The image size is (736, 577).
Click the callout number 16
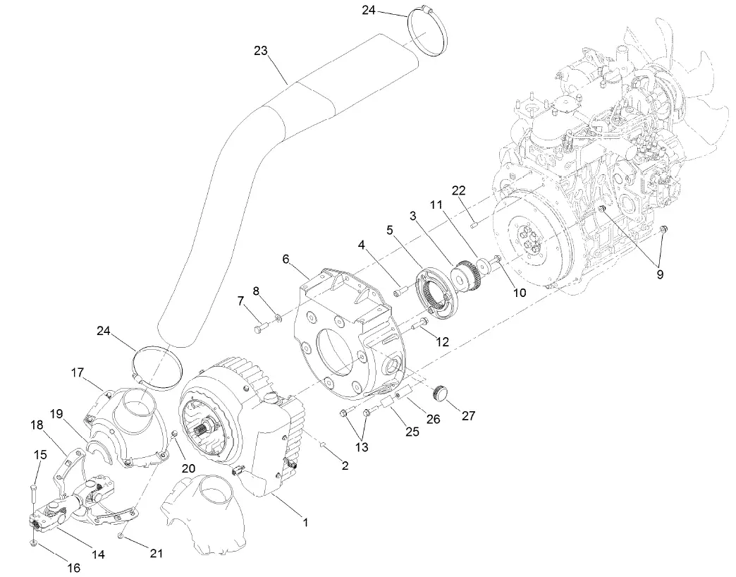pyautogui.click(x=73, y=567)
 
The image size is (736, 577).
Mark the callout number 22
pyautogui.click(x=459, y=191)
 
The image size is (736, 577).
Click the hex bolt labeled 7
pyautogui.click(x=259, y=327)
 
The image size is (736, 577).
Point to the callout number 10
pyautogui.click(x=520, y=292)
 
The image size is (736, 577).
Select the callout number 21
pyautogui.click(x=157, y=554)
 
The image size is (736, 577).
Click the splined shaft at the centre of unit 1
pyautogui.click(x=207, y=427)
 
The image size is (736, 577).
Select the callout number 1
pyautogui.click(x=305, y=523)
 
